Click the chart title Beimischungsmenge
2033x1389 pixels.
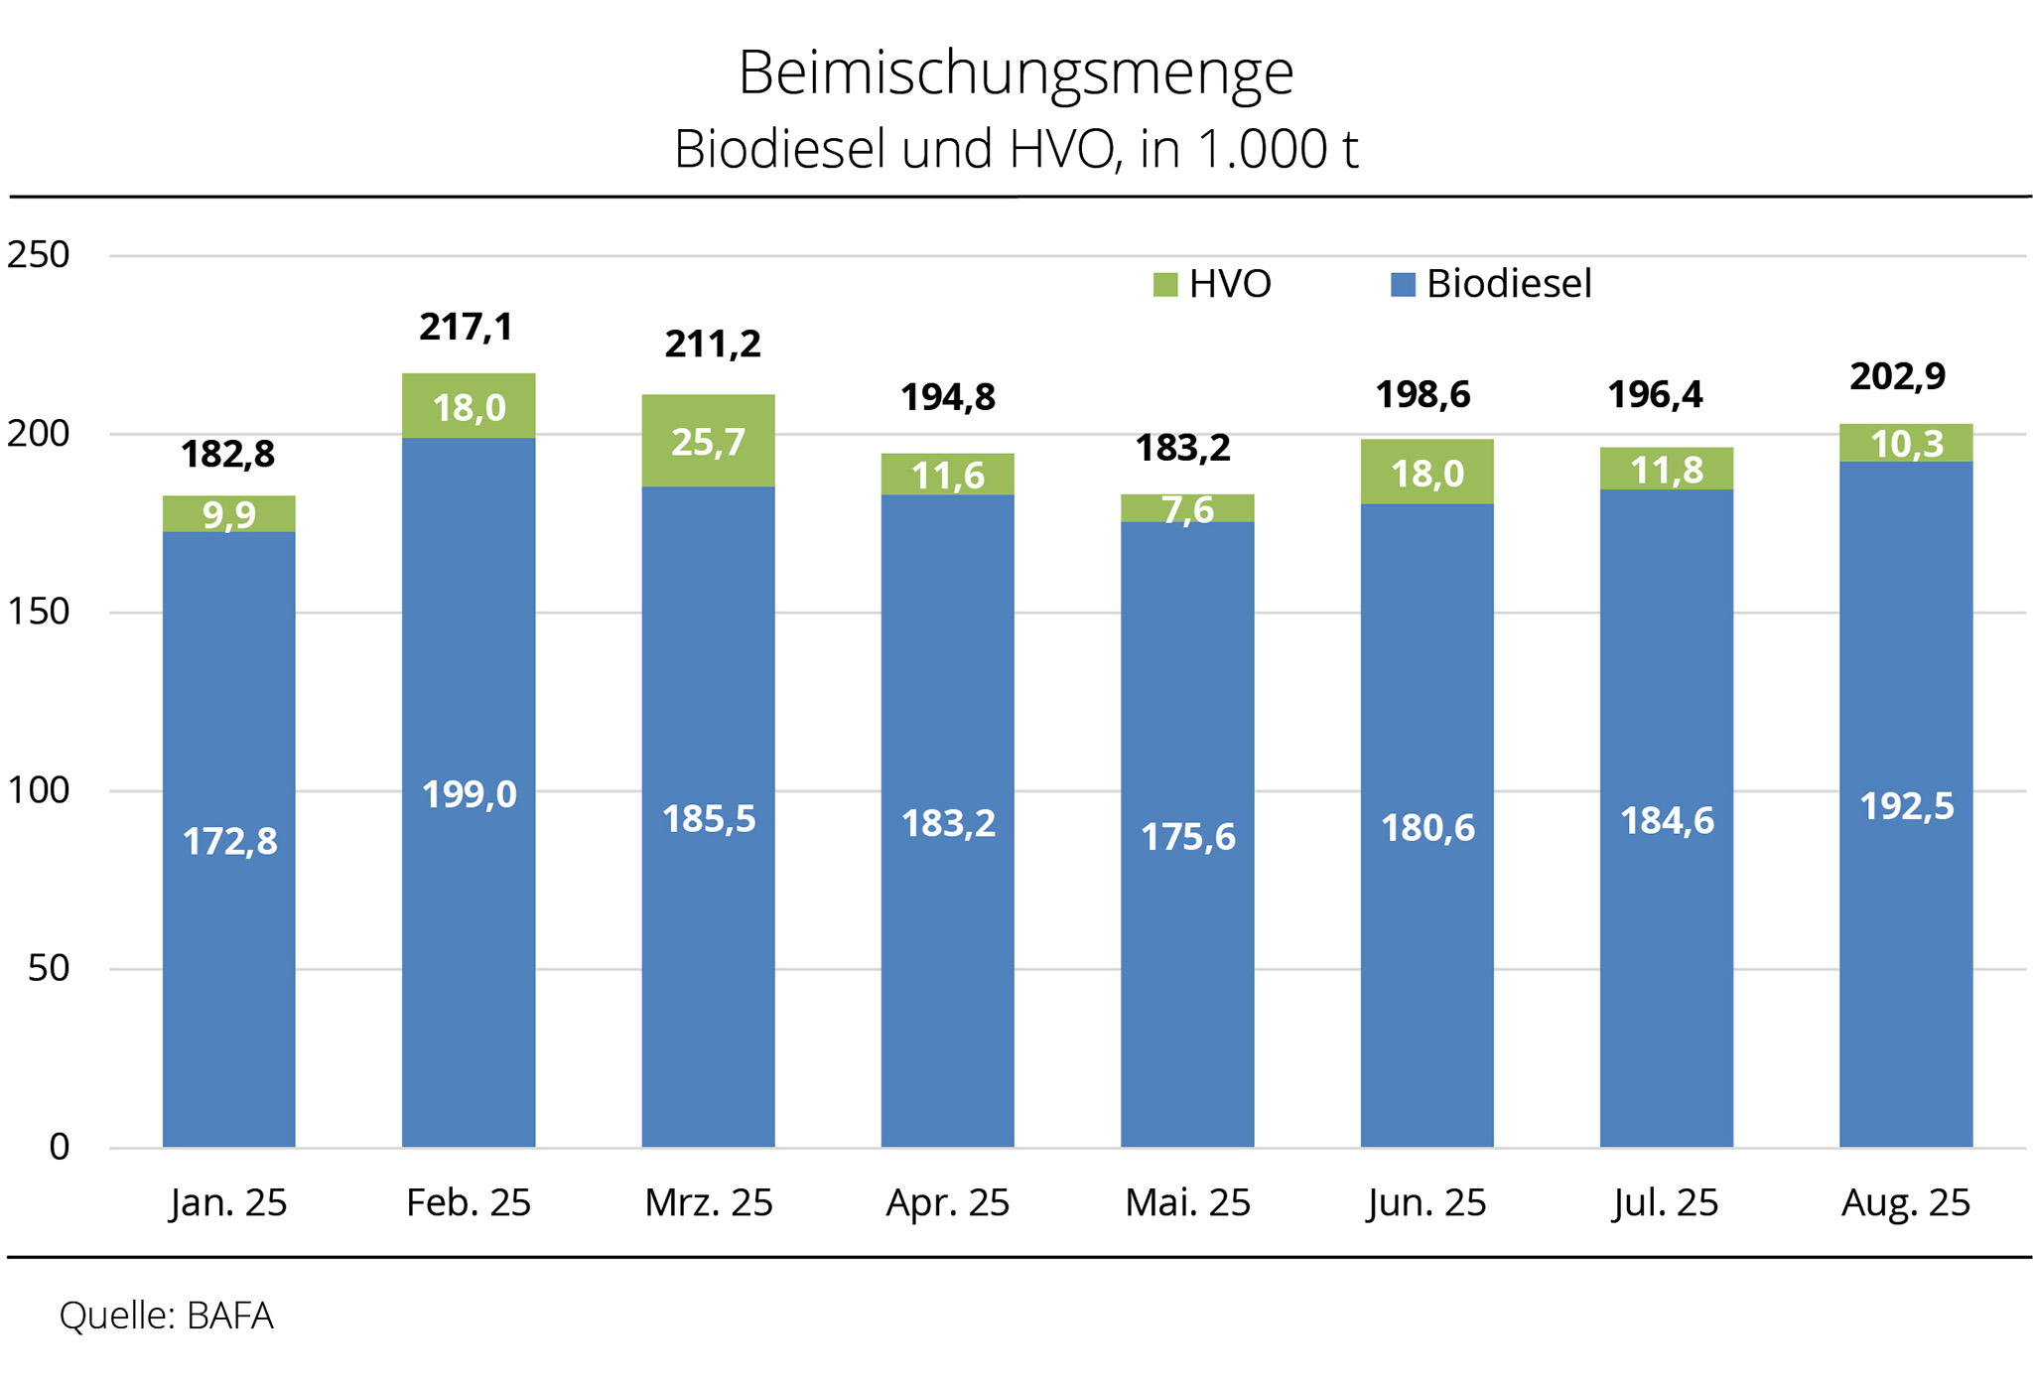pos(1016,73)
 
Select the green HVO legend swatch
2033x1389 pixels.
pos(1164,285)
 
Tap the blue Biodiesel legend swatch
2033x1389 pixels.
pos(1402,285)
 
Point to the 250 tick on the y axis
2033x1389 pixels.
pos(38,255)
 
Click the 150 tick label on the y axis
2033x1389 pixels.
pos(38,612)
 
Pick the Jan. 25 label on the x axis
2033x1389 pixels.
pos(228,1202)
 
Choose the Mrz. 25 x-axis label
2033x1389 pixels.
pos(708,1202)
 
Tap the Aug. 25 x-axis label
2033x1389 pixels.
pos(1905,1202)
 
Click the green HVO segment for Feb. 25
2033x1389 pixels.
pos(469,406)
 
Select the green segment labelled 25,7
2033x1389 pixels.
pos(708,441)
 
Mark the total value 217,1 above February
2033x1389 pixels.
pos(466,327)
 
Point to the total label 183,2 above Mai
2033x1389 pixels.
pos(1182,448)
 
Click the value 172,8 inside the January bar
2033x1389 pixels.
pos(229,842)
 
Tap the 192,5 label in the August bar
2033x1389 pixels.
pos(1906,806)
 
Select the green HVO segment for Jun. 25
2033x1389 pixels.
pos(1426,472)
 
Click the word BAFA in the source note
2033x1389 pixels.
pos(229,1316)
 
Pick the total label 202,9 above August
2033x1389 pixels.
pos(1897,376)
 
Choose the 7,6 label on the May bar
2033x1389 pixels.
pos(1187,509)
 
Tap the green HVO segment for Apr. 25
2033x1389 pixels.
pos(947,475)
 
